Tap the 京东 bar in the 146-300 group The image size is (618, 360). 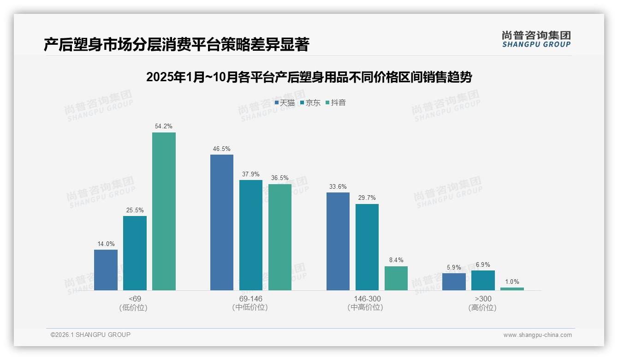367,247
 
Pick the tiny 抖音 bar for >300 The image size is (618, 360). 512,289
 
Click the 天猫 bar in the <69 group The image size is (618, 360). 106,270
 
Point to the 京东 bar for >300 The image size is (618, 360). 483,280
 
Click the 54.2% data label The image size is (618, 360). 164,126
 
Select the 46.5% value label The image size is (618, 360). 222,149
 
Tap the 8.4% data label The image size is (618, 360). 396,260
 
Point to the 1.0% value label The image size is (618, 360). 512,282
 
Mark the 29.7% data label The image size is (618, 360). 367,198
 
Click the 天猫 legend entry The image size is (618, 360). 285,103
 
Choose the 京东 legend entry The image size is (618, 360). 310,103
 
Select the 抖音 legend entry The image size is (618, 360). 336,103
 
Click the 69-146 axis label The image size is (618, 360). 250,299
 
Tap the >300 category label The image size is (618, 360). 483,299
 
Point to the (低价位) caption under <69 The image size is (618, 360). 134,307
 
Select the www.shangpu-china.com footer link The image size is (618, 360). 537,335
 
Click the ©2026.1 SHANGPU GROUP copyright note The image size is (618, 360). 90,335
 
